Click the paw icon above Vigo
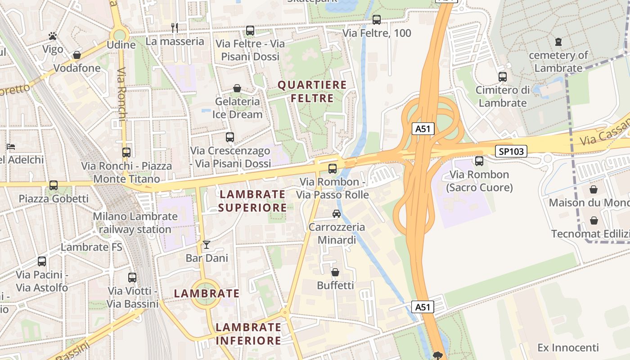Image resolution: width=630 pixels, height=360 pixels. coord(53,36)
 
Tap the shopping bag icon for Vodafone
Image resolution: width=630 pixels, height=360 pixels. coord(77,55)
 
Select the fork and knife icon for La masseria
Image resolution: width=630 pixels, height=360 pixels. coord(175,28)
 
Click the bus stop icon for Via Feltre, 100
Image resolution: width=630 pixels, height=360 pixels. coord(377,20)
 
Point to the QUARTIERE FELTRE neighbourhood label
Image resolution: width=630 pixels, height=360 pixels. coord(312,91)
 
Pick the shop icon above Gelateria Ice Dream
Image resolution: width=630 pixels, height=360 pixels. coord(237,88)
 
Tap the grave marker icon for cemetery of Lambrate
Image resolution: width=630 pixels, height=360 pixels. coord(558,42)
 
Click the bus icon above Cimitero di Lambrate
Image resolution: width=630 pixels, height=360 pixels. coord(503,77)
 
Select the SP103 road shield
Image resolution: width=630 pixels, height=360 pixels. coord(511,152)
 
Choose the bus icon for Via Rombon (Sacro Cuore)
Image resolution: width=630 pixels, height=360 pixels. coord(479,161)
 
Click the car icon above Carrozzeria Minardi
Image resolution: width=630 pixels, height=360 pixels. coord(337,213)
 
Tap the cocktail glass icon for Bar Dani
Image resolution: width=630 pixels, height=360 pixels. coord(207,244)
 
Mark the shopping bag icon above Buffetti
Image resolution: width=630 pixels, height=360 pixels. coord(335,272)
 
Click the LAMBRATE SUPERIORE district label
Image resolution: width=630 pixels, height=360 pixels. coord(252,201)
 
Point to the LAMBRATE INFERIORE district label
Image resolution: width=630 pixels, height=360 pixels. coord(248,334)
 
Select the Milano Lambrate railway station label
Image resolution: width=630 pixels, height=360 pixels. coord(135,223)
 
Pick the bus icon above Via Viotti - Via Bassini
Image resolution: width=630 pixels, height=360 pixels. coord(132,278)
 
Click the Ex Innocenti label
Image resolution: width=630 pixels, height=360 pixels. coord(568,348)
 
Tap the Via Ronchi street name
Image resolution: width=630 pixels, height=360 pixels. coord(122,94)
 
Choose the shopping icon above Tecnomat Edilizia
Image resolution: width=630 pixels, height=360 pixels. coord(594,220)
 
